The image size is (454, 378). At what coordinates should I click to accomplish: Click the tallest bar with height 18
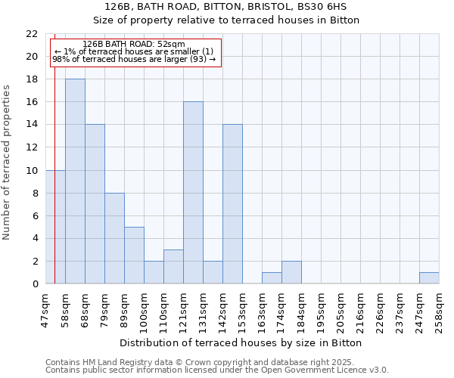coord(75,181)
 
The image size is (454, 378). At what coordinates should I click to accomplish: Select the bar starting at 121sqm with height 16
coord(193,193)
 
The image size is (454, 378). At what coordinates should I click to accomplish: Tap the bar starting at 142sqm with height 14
coord(232,204)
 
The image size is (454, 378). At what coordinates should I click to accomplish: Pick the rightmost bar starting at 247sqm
coord(429,278)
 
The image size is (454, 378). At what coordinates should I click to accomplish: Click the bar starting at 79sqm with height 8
coord(114,238)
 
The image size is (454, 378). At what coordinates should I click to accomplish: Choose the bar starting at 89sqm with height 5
coord(134,256)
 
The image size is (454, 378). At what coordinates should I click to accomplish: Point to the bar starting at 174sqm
coord(291,272)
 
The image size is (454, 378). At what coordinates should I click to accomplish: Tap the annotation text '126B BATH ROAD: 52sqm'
coord(134,45)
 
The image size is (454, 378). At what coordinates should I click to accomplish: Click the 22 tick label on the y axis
coord(31,34)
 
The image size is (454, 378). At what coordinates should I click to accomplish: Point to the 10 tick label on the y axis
coord(31,171)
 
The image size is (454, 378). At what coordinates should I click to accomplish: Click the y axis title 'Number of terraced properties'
coord(7,162)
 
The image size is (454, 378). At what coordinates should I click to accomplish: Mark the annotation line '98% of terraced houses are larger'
coord(134,59)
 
